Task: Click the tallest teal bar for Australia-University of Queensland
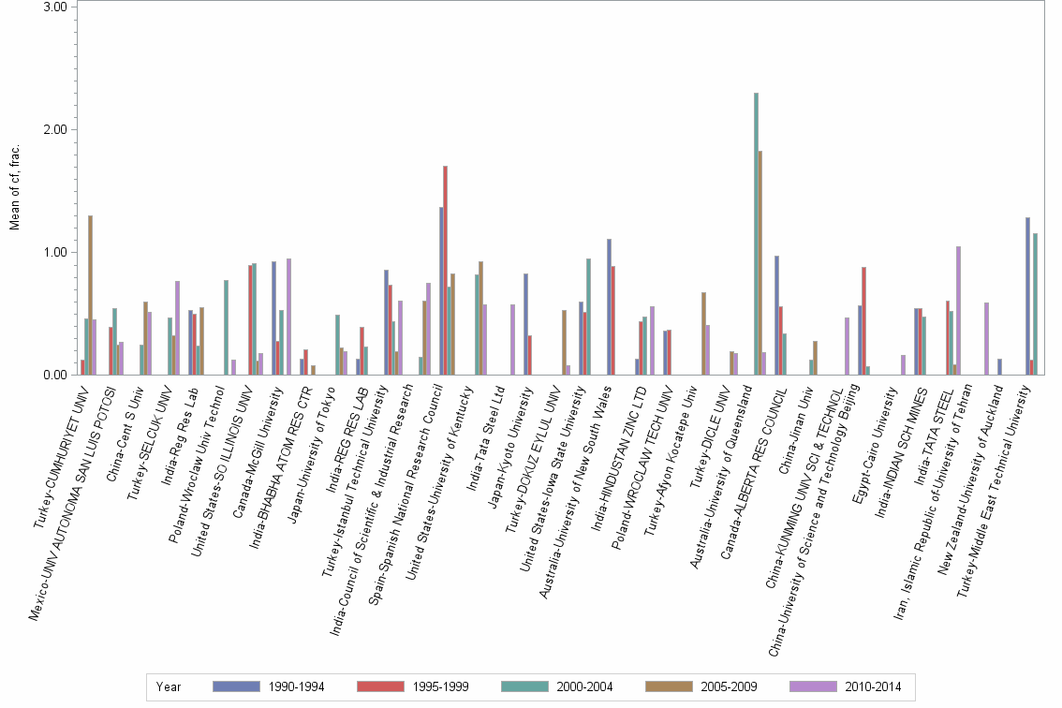pos(756,234)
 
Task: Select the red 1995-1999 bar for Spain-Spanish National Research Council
pos(446,271)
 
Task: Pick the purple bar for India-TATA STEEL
pos(959,310)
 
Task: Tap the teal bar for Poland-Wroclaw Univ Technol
pos(226,328)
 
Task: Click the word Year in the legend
pos(169,686)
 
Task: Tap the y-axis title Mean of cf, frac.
pos(13,187)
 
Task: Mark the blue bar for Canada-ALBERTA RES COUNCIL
pos(777,315)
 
